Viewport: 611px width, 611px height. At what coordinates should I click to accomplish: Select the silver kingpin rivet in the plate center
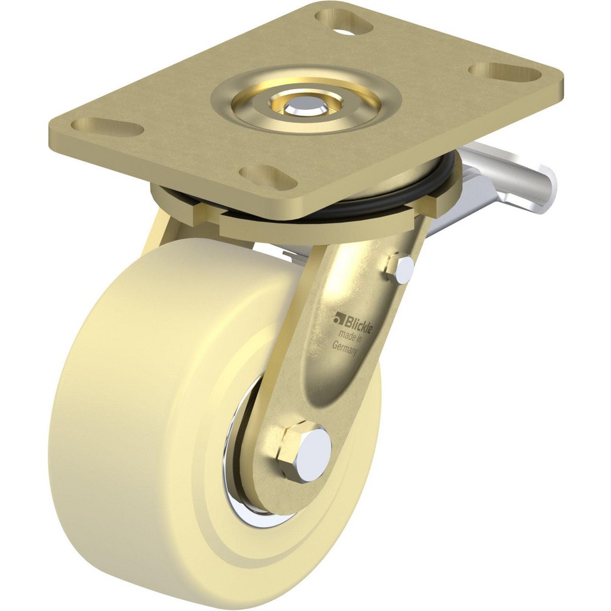304,103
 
